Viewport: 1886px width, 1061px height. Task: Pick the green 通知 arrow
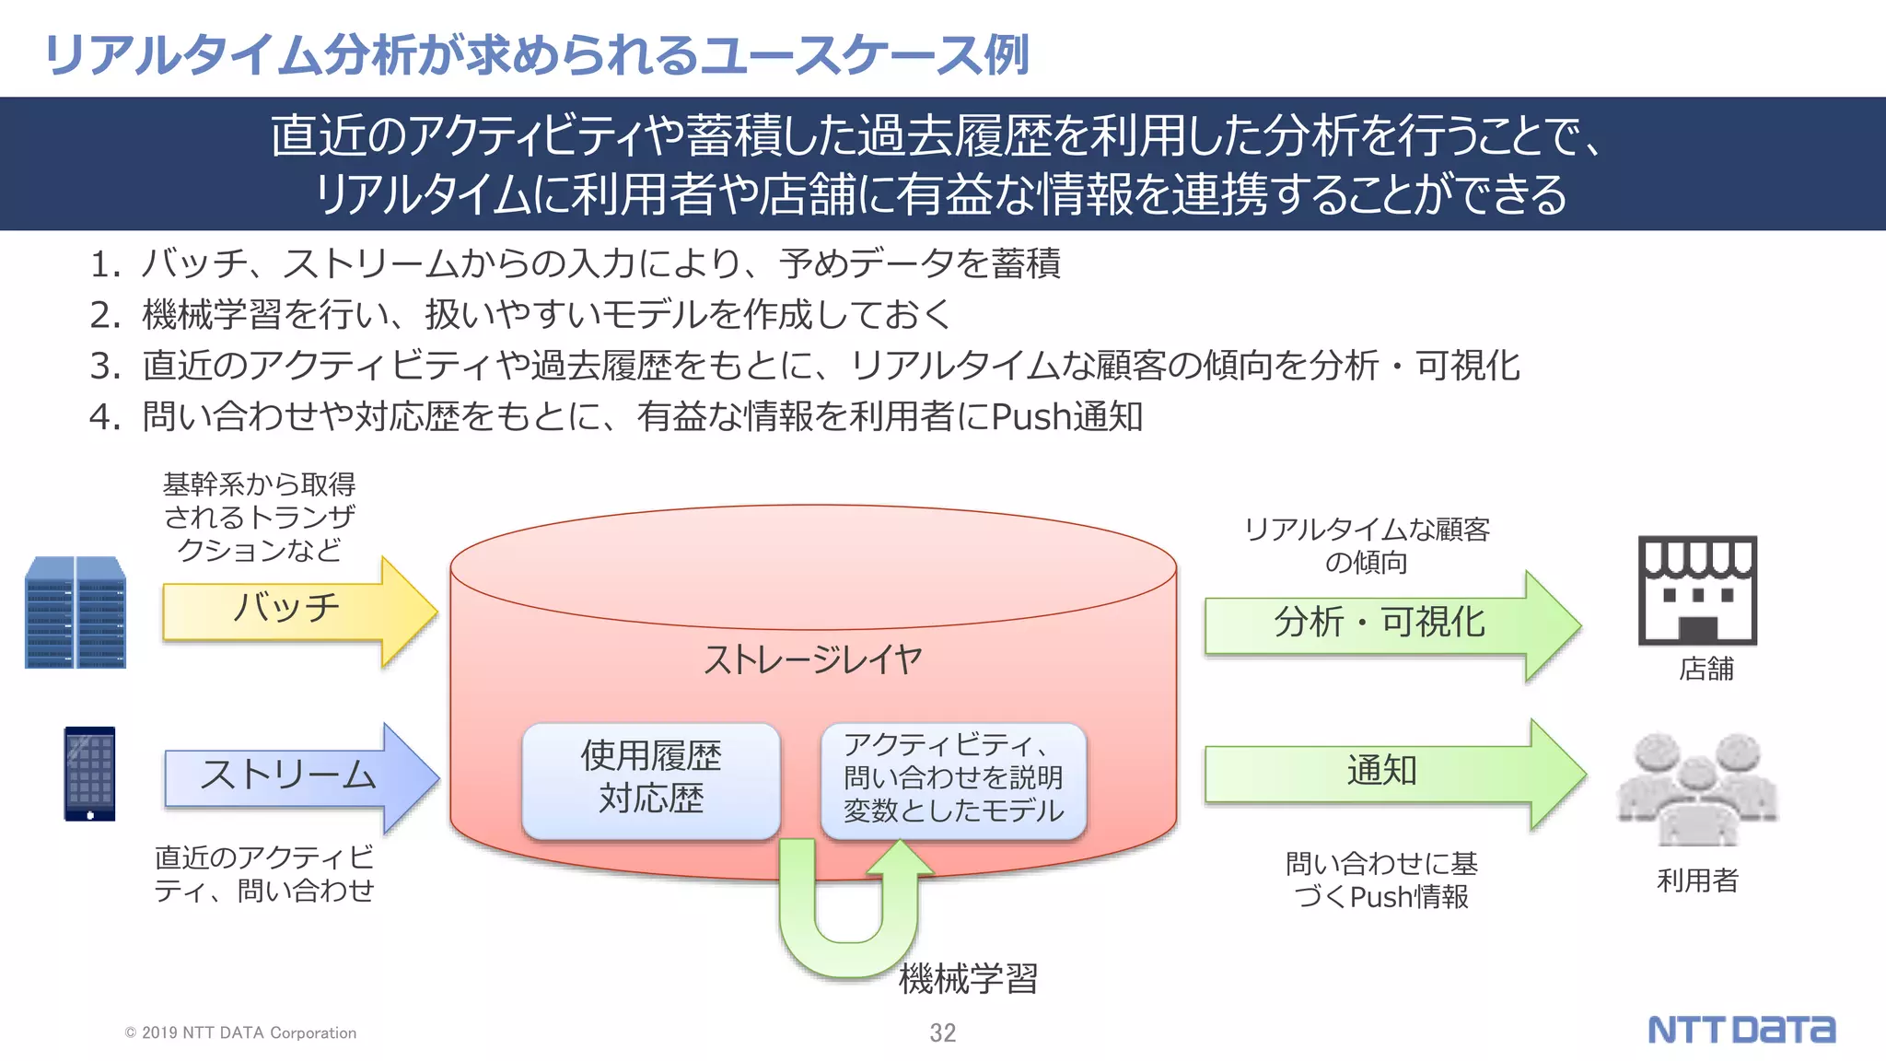pos(1381,772)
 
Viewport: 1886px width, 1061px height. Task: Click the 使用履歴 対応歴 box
pos(651,778)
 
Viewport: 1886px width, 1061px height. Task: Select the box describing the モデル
pos(954,778)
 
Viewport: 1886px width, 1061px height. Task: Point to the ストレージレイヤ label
pos(812,659)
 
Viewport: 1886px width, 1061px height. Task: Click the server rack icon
pos(76,612)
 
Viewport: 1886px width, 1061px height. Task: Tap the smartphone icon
pos(89,774)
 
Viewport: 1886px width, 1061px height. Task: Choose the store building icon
pos(1697,590)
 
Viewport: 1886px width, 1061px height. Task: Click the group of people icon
pos(1697,788)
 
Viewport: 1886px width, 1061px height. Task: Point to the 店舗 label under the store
pos(1706,669)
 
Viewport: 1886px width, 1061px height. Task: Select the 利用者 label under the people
pos(1697,880)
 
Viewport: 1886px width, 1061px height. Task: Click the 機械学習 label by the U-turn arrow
pos(969,978)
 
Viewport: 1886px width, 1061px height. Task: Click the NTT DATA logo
pos(1740,1030)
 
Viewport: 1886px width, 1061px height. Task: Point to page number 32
pos(942,1033)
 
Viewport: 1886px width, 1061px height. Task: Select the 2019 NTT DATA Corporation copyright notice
pos(240,1033)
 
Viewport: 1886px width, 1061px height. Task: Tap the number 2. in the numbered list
pos(105,315)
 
